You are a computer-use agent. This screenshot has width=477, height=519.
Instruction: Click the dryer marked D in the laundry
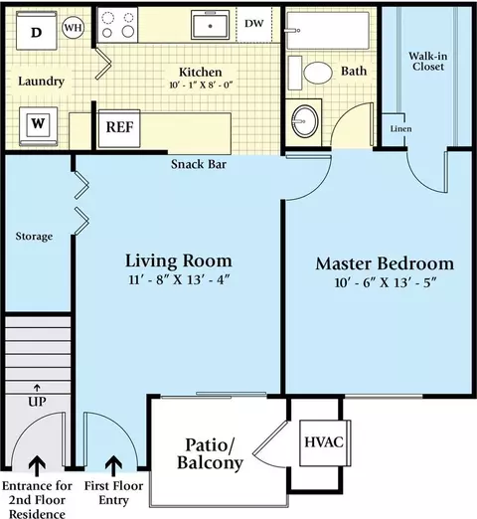click(37, 31)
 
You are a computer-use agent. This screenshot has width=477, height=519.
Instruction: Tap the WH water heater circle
click(73, 27)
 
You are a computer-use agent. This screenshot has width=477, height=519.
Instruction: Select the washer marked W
click(38, 126)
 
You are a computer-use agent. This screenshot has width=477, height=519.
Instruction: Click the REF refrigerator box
click(119, 128)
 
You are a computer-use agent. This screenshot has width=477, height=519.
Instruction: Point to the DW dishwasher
click(254, 24)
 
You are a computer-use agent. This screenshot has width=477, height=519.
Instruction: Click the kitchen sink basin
click(210, 25)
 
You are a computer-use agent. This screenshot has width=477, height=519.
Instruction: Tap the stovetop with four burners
click(118, 25)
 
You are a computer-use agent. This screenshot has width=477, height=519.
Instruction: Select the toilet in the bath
click(310, 73)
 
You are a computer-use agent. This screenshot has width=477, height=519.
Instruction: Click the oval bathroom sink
click(304, 121)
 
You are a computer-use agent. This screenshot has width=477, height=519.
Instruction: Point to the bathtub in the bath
click(328, 31)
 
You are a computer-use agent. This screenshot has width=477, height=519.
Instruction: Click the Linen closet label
click(400, 128)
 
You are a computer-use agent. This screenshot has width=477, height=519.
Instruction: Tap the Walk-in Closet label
click(428, 62)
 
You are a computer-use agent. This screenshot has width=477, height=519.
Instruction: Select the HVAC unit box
click(325, 443)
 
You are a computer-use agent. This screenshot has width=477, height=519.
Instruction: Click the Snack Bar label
click(199, 164)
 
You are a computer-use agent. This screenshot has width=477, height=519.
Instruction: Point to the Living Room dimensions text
click(179, 280)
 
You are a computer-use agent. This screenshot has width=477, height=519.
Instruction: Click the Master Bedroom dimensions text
click(386, 282)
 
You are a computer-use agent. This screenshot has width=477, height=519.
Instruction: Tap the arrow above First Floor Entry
click(113, 465)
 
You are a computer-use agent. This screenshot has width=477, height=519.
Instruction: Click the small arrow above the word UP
click(37, 388)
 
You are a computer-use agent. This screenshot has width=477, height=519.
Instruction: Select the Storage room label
click(34, 237)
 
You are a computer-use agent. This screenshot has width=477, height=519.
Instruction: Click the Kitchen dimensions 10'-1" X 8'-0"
click(201, 86)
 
